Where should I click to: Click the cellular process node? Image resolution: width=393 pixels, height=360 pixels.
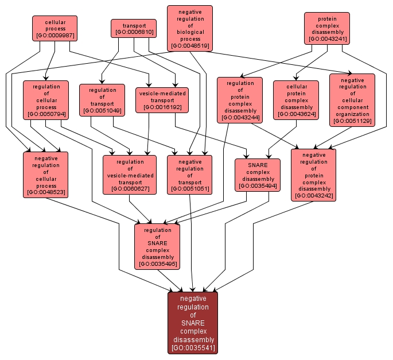(x=55, y=28)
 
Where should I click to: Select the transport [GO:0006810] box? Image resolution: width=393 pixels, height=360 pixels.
(x=133, y=29)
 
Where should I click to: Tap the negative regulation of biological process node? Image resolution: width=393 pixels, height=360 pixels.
(x=190, y=28)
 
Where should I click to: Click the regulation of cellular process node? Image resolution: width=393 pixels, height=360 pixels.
(x=46, y=99)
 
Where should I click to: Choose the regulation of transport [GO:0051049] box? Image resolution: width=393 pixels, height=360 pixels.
(x=102, y=100)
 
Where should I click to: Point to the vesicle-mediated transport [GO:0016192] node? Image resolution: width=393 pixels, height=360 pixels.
(x=162, y=99)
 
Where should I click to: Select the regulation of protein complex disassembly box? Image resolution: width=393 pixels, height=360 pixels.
(x=240, y=100)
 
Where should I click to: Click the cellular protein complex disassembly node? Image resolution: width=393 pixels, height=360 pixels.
(x=295, y=99)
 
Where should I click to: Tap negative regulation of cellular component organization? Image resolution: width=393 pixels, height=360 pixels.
(x=352, y=99)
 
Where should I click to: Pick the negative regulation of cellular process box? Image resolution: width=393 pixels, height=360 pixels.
(x=46, y=174)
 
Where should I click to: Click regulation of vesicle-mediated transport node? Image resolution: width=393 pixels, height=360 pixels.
(x=130, y=174)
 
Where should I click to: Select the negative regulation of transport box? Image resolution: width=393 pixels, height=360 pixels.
(x=189, y=174)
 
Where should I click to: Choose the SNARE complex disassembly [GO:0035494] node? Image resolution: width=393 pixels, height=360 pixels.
(x=258, y=175)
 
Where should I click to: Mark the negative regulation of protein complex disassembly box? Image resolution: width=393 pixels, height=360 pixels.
(x=313, y=174)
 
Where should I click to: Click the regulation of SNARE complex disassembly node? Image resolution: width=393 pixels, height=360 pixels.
(x=157, y=246)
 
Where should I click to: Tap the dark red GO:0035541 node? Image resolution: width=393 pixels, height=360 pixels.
(x=193, y=322)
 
